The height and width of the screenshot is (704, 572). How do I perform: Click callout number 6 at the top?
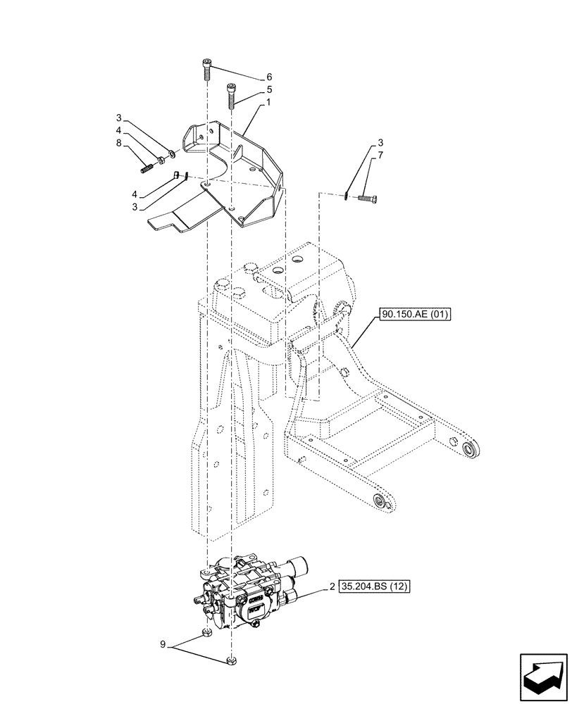point(268,77)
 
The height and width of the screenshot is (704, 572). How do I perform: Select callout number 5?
point(268,90)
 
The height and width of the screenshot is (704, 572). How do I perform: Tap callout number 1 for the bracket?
point(268,103)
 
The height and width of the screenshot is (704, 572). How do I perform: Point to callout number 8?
point(120,144)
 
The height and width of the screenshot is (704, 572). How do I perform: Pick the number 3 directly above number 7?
point(381,142)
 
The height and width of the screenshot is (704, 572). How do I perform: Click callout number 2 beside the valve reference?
point(332,585)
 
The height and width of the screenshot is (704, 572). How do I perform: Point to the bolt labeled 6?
point(206,68)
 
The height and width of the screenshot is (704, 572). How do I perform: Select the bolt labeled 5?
point(231,94)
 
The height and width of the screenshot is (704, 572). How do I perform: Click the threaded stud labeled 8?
point(147,168)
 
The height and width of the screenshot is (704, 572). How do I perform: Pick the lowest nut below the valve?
point(230,660)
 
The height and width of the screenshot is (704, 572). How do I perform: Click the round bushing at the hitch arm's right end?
point(468,448)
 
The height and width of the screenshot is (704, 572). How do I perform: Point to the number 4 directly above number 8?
point(120,131)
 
